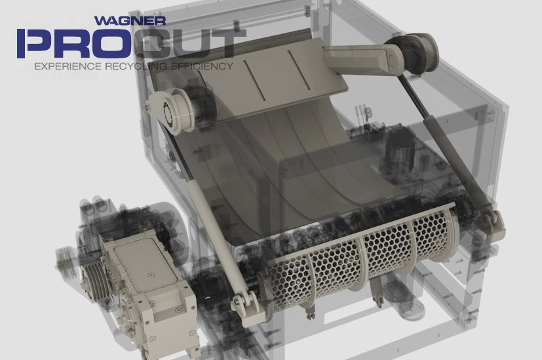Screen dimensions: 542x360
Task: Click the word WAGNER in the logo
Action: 130,20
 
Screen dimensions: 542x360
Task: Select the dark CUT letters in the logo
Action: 189,43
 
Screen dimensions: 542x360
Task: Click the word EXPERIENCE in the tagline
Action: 68,66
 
